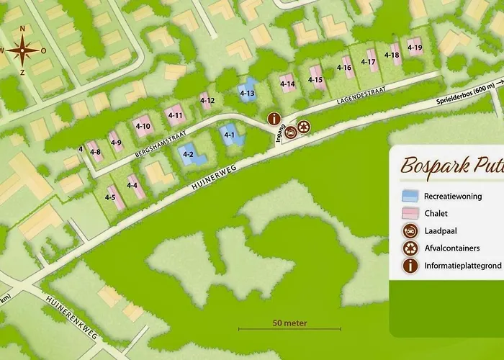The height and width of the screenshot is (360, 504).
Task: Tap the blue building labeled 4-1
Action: tap(229, 135)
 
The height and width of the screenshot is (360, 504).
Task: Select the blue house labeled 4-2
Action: tap(190, 155)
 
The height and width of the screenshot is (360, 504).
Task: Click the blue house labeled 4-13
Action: tap(247, 92)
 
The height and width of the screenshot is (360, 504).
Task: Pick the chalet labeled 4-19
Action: tap(414, 47)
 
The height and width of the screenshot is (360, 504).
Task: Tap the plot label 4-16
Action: tap(344, 68)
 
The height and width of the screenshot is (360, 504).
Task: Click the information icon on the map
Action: tap(274, 119)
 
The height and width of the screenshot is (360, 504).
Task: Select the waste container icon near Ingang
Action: tap(304, 127)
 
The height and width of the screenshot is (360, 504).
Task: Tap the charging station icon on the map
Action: tap(289, 132)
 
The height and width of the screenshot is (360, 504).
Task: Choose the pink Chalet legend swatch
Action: tap(411, 214)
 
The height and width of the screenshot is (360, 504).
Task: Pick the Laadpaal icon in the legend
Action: tap(411, 231)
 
